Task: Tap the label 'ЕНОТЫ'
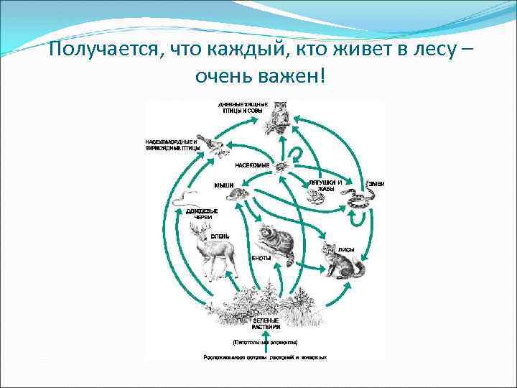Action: pos(261,258)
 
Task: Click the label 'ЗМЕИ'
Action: pos(376,184)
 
